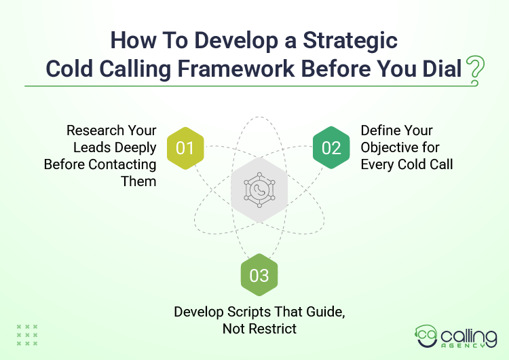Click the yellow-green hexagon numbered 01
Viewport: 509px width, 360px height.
point(185,147)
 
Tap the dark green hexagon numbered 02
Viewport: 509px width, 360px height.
point(331,147)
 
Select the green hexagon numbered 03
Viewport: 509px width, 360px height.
point(259,276)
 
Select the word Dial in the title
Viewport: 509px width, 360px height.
point(441,69)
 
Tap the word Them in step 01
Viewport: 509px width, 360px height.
point(140,181)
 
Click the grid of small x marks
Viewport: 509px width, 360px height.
point(27,335)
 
